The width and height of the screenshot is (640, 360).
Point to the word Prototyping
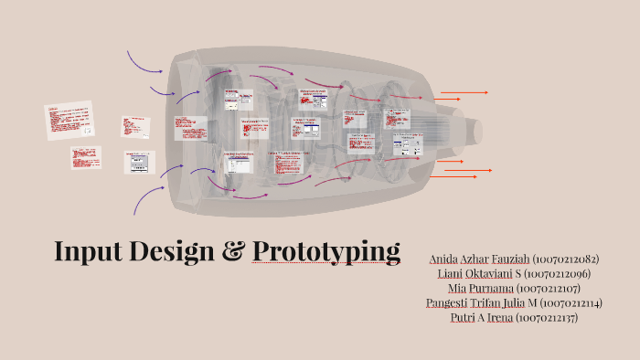(x=326, y=251)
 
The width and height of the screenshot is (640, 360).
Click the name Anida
(x=447, y=259)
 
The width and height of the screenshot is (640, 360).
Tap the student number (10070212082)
(x=565, y=259)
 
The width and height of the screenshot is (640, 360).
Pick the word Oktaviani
(x=496, y=274)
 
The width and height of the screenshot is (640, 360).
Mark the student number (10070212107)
(x=568, y=289)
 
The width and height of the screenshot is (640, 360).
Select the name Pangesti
(x=449, y=303)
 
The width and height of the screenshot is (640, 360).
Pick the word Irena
(x=499, y=318)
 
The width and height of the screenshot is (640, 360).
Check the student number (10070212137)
(x=546, y=318)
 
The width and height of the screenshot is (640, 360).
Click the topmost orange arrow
(x=464, y=92)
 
